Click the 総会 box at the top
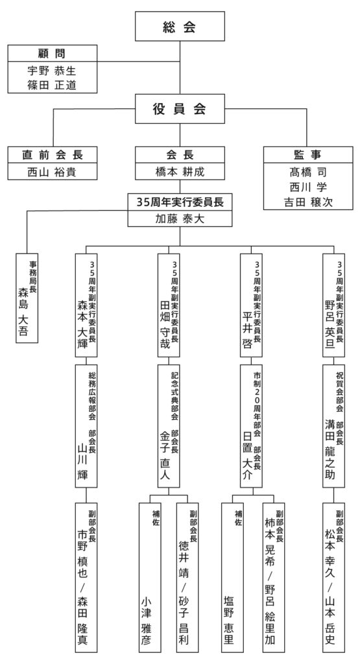click(179, 28)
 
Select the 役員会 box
click(179, 110)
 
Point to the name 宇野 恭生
click(52, 70)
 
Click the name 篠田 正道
click(52, 85)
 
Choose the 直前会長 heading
click(52, 156)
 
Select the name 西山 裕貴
click(52, 172)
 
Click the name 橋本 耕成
click(180, 172)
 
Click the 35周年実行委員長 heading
click(180, 202)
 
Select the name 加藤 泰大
click(180, 219)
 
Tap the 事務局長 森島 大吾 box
click(27, 297)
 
